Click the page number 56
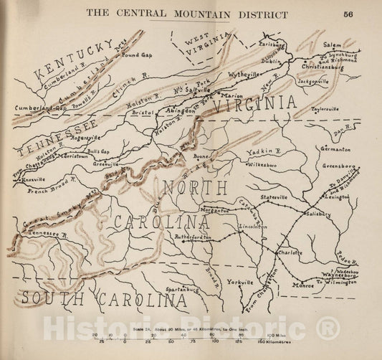tap(348, 14)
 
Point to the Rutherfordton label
tap(194, 237)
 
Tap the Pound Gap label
tap(136, 54)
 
